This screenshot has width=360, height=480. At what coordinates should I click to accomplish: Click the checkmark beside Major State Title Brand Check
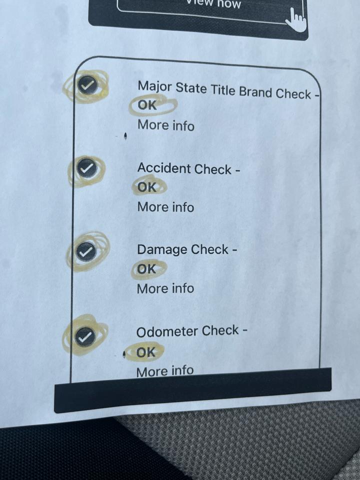[x=87, y=85]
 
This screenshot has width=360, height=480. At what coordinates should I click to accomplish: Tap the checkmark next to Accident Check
[x=87, y=167]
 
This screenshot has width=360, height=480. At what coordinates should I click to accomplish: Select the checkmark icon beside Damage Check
[x=86, y=251]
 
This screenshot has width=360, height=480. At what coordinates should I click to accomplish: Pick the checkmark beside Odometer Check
[x=84, y=336]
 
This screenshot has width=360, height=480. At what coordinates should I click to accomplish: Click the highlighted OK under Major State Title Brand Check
[x=147, y=105]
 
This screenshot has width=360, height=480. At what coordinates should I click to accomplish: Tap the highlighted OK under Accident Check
[x=147, y=187]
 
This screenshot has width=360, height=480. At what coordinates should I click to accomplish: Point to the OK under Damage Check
[x=146, y=269]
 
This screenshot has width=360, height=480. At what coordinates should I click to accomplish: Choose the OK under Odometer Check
[x=145, y=352]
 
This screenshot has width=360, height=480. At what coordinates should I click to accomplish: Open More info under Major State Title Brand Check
[x=166, y=125]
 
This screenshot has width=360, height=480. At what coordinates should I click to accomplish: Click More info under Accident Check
[x=165, y=207]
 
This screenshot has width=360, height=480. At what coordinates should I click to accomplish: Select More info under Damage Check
[x=165, y=288]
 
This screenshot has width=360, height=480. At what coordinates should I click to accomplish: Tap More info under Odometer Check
[x=164, y=371]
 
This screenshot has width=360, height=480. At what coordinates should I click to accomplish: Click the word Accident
[x=164, y=168]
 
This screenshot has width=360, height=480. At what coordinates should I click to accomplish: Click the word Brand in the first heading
[x=255, y=91]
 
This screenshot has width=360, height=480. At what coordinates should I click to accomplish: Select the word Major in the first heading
[x=154, y=86]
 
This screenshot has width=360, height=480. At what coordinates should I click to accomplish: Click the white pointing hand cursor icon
[x=295, y=20]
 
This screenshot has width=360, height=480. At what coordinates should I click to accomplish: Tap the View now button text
[x=214, y=3]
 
